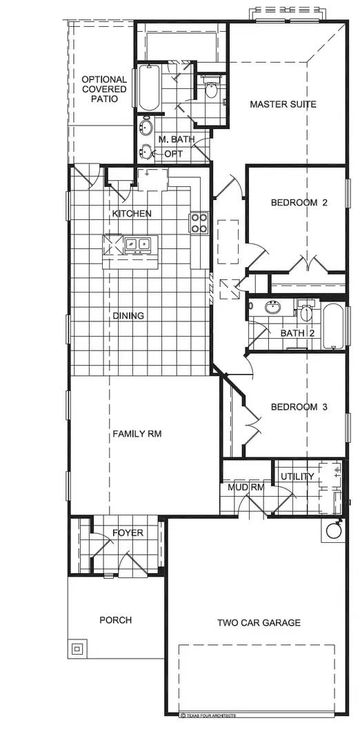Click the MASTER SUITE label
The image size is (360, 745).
(283, 104)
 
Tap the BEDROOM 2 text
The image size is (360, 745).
(298, 203)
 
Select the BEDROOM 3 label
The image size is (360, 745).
(298, 407)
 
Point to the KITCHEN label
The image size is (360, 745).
(132, 214)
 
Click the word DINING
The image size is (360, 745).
(128, 316)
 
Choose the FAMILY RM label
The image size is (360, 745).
(138, 434)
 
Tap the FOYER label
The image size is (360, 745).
(128, 533)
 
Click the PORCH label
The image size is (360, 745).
(115, 620)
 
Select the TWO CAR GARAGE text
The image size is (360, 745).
(259, 623)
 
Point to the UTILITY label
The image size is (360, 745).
(297, 477)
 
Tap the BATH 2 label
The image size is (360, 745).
(297, 334)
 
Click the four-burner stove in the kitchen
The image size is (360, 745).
(199, 222)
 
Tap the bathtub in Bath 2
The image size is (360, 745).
(332, 326)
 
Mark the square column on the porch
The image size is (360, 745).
(77, 648)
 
